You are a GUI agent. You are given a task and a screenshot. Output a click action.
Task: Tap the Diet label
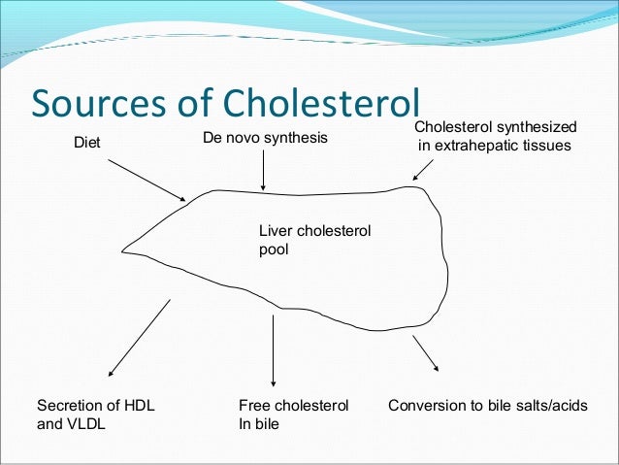click(87, 145)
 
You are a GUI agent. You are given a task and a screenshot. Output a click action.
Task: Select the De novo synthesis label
click(265, 139)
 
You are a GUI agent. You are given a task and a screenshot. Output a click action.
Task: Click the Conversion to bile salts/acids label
click(487, 405)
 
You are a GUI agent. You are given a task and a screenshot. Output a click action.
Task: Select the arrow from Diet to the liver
click(146, 180)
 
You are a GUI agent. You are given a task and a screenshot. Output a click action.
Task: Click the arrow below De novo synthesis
click(264, 172)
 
